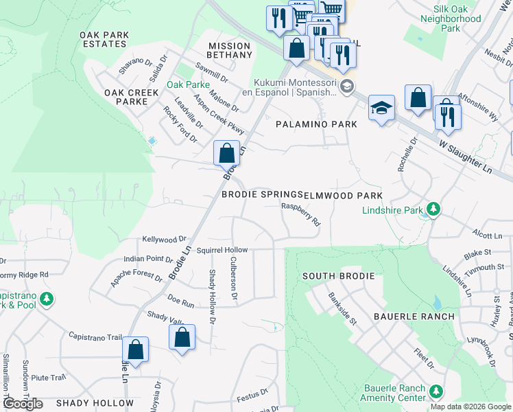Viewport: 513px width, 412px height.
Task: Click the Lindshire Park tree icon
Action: (x=433, y=208)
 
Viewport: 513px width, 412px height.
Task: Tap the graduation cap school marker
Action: (x=381, y=108)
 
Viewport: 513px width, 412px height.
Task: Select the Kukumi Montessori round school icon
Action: (x=347, y=86)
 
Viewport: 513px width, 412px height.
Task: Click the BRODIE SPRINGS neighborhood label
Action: (x=262, y=195)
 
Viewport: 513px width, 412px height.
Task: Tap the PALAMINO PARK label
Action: (x=316, y=124)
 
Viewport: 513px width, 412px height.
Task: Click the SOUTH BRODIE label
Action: (x=339, y=276)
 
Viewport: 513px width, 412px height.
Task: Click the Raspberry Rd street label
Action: (x=301, y=214)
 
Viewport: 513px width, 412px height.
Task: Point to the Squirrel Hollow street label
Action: (x=222, y=251)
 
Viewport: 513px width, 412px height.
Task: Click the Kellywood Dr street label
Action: (x=164, y=239)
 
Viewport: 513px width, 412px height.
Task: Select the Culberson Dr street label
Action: (x=234, y=278)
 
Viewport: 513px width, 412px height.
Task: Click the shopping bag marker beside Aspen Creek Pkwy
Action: (x=226, y=152)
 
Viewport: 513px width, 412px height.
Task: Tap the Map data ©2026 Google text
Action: (x=470, y=407)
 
